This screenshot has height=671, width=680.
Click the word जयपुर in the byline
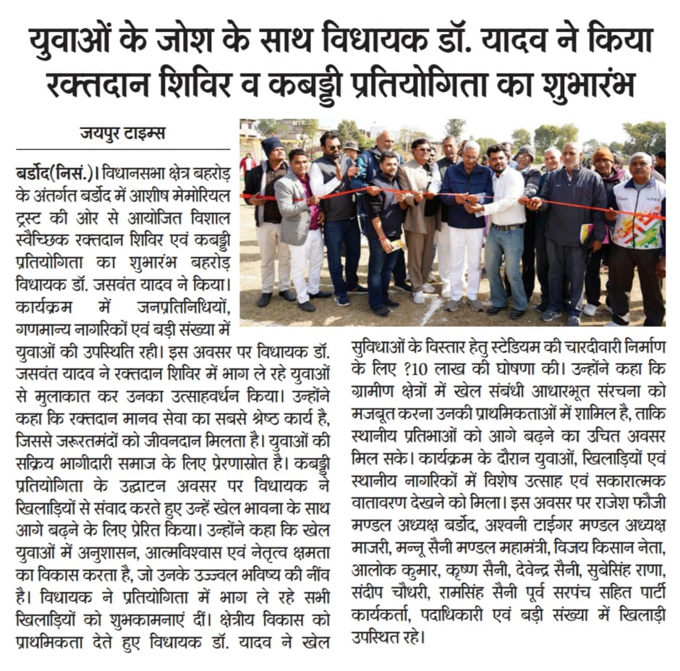point(101,133)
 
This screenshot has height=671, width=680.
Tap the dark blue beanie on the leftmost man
point(272,145)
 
